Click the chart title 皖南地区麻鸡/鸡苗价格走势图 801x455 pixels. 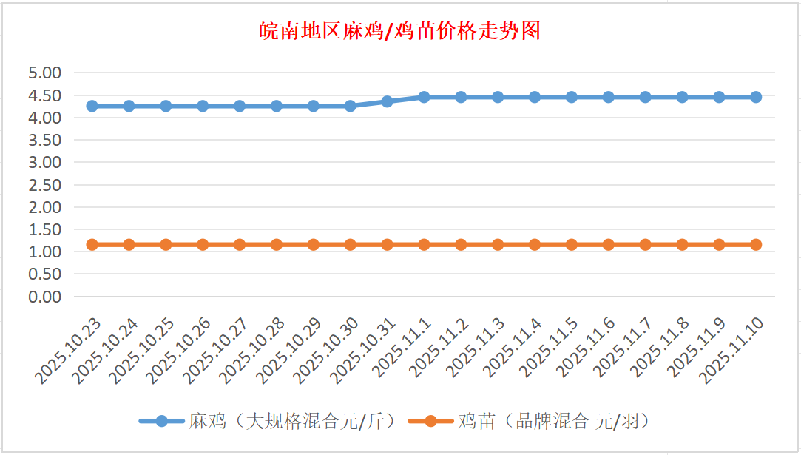pos(400,31)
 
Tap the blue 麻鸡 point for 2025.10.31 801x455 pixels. pos(387,101)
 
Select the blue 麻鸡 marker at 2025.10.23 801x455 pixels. pos(92,106)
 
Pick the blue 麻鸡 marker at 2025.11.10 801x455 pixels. pos(756,97)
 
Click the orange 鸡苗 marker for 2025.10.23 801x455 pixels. pos(92,244)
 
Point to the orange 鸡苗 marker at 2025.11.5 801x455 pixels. pos(572,244)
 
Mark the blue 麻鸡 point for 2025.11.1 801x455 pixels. pos(424,97)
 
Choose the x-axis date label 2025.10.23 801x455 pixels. pos(68,351)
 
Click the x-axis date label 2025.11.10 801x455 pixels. pos(732,351)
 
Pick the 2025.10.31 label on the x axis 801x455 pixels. pos(363,351)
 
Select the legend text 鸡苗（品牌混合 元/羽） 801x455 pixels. pos(554,422)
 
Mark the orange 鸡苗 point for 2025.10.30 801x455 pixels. pos(350,244)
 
